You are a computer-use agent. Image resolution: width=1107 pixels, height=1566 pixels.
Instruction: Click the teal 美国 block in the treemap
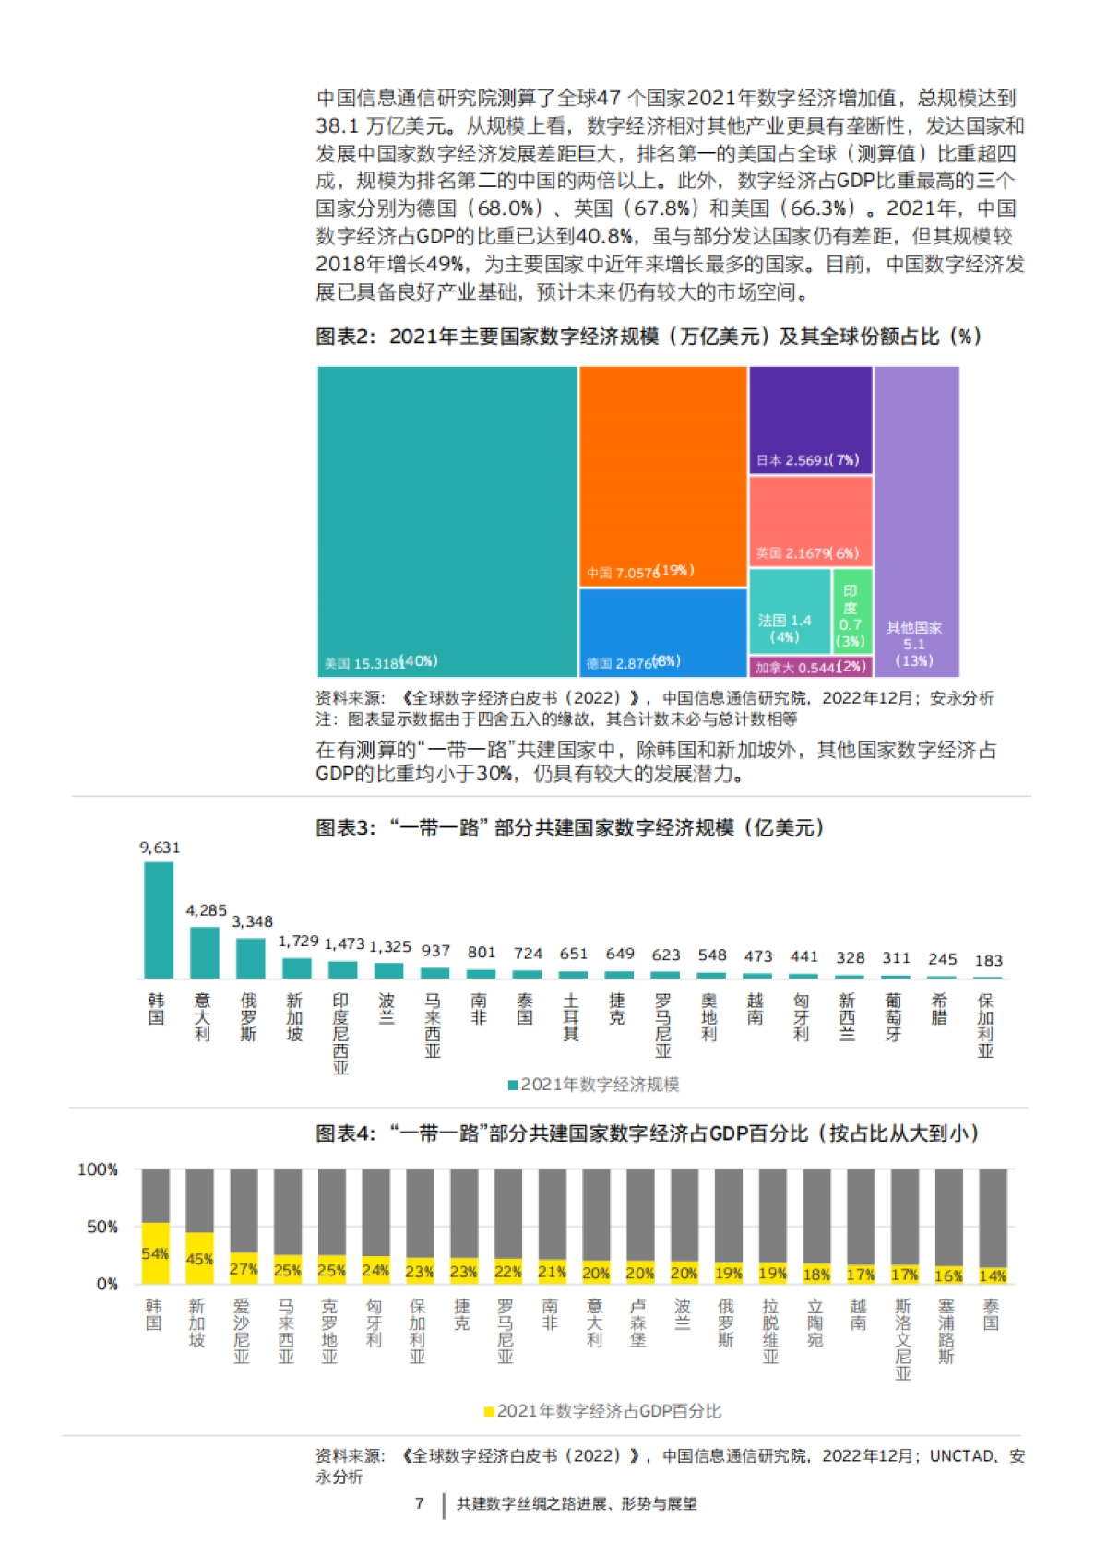[447, 521]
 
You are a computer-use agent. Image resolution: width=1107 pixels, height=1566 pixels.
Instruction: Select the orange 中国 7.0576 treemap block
[662, 475]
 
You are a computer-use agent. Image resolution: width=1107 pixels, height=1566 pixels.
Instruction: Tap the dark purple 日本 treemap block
[810, 420]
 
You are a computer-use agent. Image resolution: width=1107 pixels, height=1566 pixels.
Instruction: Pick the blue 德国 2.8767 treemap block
[662, 632]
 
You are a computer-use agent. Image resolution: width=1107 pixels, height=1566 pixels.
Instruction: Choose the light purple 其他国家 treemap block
[916, 521]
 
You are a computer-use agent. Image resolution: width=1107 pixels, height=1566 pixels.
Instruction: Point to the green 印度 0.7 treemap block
[851, 615]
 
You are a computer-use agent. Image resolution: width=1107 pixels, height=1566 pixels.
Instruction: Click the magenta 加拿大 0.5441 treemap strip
[810, 667]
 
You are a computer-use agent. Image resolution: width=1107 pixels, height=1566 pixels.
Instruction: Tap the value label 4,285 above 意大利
[206, 910]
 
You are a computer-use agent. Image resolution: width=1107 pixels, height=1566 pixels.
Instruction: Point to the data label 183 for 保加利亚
[988, 960]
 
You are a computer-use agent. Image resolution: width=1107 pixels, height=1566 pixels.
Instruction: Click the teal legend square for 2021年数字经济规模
[513, 1085]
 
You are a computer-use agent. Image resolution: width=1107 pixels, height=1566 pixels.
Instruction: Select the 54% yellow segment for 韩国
[155, 1253]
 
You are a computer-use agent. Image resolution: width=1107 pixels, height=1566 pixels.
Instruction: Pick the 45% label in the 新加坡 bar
[199, 1259]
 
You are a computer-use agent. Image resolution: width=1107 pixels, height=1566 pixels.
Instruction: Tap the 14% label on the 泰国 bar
[993, 1275]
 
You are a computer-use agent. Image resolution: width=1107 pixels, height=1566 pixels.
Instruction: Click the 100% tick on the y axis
[98, 1169]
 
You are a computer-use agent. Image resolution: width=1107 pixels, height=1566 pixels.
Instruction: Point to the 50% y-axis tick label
[101, 1227]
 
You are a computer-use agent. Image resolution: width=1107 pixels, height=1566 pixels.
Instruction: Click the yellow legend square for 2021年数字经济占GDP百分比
[489, 1411]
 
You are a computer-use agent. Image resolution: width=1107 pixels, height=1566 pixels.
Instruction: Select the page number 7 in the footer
[419, 1503]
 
